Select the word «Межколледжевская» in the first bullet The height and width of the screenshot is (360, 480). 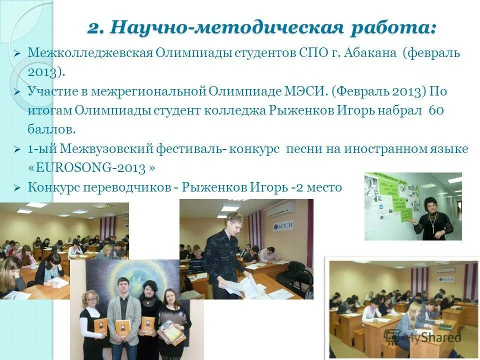[90, 53]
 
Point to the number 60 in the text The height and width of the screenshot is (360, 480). [436, 110]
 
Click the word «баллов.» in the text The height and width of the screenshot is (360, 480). [51, 129]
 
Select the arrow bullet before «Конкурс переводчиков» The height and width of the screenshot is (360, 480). [17, 188]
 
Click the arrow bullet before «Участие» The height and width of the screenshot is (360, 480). [17, 92]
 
